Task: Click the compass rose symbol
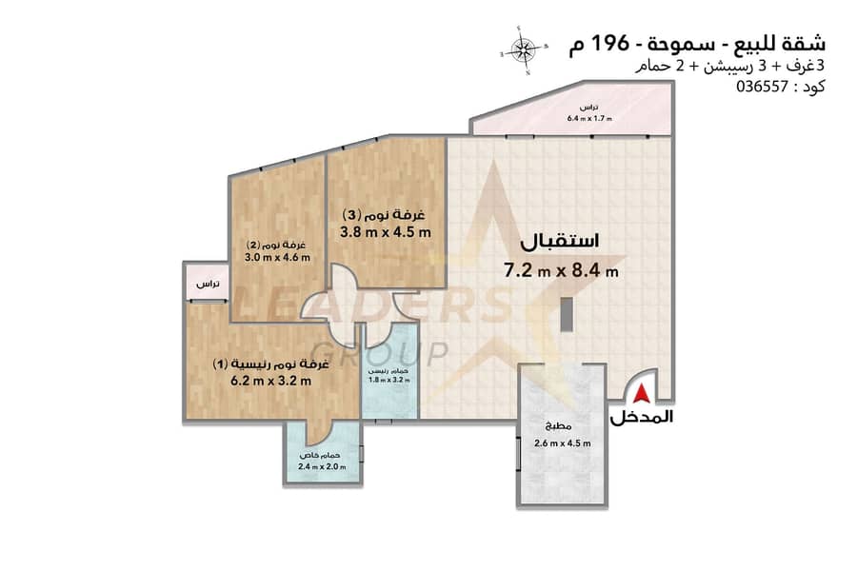[x=523, y=49]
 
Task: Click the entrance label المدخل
[x=641, y=418]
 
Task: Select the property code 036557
[x=762, y=87]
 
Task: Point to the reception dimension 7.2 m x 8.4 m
[x=561, y=270]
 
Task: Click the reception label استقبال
[x=559, y=242]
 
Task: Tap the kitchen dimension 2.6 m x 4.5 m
[x=563, y=443]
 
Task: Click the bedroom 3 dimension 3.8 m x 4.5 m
[x=386, y=232]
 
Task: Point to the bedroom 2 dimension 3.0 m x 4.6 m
[x=277, y=257]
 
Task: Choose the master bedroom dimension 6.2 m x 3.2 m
[x=270, y=381]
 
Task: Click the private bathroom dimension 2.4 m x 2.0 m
[x=322, y=466]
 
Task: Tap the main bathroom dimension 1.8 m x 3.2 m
[x=389, y=379]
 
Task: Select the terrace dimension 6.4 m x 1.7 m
[x=589, y=118]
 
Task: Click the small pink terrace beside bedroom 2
[x=208, y=282]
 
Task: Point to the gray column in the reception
[x=567, y=314]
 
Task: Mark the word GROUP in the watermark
[x=382, y=354]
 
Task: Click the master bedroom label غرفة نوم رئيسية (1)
[x=270, y=364]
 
